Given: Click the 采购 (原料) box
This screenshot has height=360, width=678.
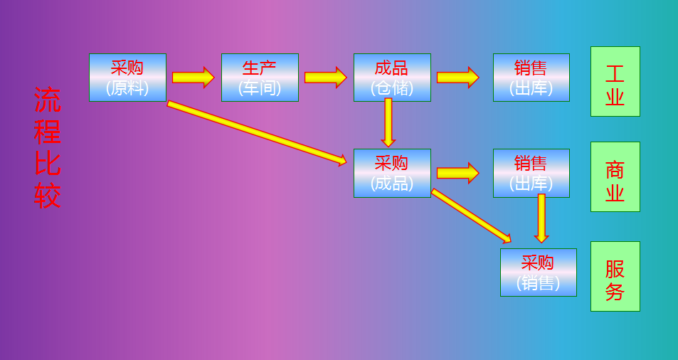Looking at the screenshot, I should click(x=127, y=78).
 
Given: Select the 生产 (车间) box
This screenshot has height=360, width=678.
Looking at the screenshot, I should click(x=260, y=78).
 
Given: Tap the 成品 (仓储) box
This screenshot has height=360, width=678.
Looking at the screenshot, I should click(x=392, y=78).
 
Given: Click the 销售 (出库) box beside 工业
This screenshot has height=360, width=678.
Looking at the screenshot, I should click(x=531, y=78).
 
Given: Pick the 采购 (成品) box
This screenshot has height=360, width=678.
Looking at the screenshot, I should click(x=392, y=173).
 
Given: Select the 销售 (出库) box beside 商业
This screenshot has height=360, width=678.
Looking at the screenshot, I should click(x=531, y=173).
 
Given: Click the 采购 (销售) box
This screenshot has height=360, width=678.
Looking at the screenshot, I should click(x=538, y=272).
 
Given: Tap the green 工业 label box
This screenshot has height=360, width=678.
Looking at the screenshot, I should click(x=615, y=81).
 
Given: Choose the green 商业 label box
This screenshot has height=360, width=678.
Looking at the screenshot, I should click(x=615, y=176).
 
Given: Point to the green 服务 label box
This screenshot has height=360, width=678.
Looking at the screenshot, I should click(x=615, y=276).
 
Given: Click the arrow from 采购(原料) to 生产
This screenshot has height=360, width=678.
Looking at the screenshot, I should click(x=193, y=78).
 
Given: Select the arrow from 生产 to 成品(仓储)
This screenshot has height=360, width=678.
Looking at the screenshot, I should click(x=325, y=78).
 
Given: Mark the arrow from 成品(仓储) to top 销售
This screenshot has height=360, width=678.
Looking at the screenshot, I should click(x=457, y=78).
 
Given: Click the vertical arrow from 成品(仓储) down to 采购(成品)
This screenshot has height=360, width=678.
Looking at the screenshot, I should click(x=388, y=122).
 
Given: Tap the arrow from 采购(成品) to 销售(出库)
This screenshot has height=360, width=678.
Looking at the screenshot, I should click(x=457, y=173).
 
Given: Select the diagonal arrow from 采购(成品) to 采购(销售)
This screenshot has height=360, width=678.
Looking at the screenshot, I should click(x=471, y=216).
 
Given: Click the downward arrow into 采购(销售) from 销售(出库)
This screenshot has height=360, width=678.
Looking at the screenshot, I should click(x=541, y=218).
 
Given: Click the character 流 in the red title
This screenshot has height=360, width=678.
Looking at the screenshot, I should click(x=48, y=100).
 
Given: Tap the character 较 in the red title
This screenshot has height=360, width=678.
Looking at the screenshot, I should click(x=48, y=196).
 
